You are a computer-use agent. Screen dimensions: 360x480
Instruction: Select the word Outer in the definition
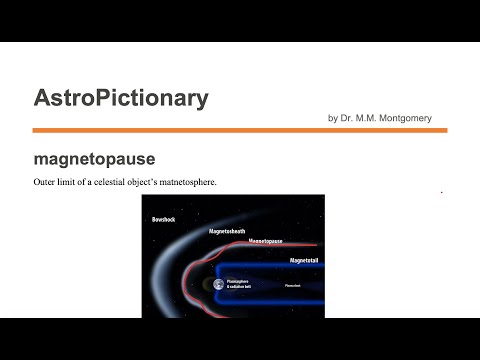point(45,181)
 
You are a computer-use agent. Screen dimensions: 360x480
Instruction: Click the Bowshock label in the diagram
point(164,218)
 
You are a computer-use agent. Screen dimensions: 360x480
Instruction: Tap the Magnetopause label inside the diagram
point(269,242)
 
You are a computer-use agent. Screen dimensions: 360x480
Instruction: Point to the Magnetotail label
point(307,260)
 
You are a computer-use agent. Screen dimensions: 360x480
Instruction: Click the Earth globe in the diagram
point(218,285)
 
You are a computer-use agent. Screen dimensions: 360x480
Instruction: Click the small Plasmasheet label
point(293,285)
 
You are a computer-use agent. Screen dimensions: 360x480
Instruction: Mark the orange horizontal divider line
point(239,130)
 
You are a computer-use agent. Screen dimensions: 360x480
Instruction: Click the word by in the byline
point(332,118)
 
